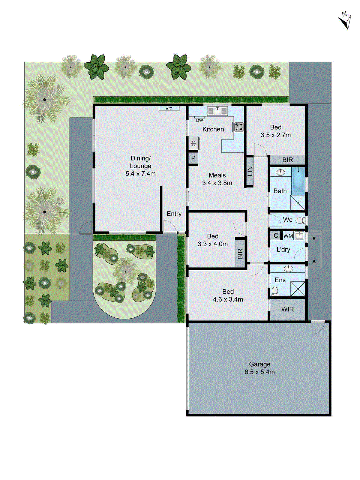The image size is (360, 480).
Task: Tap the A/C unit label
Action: tap(169, 109)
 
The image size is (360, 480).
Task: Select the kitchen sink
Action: tap(217, 111)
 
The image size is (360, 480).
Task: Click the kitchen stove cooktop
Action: tap(238, 127)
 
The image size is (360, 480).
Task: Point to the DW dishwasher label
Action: tap(199, 120)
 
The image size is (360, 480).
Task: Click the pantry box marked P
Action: tap(193, 158)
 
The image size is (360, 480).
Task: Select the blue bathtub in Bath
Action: tap(298, 180)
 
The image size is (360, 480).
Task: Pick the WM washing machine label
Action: tap(288, 236)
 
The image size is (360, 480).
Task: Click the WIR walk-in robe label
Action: tap(287, 309)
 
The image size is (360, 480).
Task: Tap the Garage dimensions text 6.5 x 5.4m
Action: tap(259, 372)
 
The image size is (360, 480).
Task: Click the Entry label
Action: tap(174, 214)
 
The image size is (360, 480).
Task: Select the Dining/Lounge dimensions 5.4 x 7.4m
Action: tap(140, 174)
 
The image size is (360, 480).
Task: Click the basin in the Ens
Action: tap(288, 268)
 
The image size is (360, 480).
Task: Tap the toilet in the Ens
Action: tap(274, 291)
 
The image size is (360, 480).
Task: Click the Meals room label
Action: tap(217, 175)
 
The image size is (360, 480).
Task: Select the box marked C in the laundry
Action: tap(276, 235)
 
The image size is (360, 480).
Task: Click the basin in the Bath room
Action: tap(280, 172)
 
